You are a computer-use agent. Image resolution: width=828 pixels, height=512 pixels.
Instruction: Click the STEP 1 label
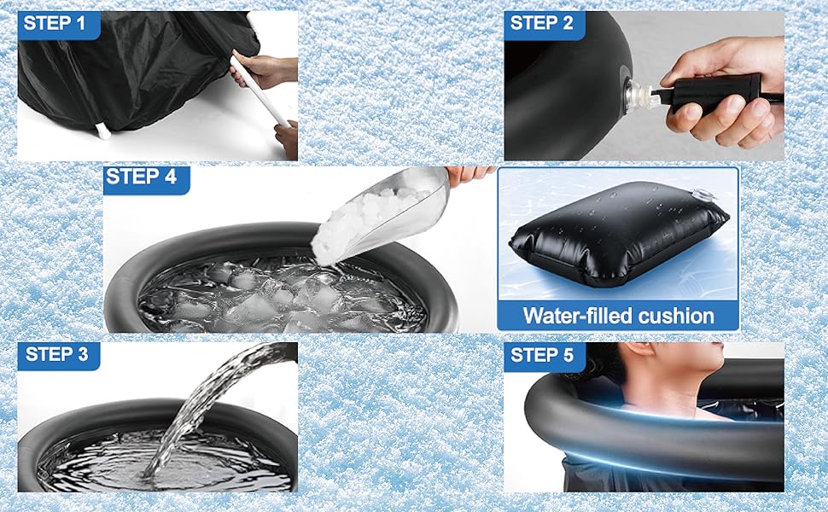[x=55, y=24]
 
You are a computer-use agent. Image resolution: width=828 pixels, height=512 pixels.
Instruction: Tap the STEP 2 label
[x=541, y=24]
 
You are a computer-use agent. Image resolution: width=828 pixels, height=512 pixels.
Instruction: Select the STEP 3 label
[x=56, y=354]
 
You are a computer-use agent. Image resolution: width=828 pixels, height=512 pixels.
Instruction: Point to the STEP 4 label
[x=141, y=177]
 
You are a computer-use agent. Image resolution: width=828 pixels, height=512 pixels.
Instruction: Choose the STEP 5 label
[x=542, y=355]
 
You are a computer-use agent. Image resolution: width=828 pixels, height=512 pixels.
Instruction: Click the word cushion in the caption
[x=676, y=316]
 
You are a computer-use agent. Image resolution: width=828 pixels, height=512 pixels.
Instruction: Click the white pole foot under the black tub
[x=103, y=131]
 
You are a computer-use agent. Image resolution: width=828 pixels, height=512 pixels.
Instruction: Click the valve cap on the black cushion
[x=704, y=195]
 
